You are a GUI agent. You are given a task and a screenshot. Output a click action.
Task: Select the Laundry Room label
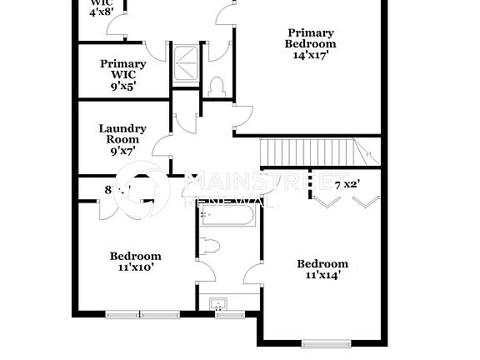tap(122, 134)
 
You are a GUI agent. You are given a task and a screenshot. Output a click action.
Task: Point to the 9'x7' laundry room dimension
tap(122, 152)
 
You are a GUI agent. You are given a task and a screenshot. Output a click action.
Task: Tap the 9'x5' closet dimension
tap(122, 87)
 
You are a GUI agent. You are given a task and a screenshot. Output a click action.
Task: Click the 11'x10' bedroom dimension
tap(136, 268)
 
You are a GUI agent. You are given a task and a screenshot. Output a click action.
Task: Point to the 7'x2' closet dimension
tap(347, 184)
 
